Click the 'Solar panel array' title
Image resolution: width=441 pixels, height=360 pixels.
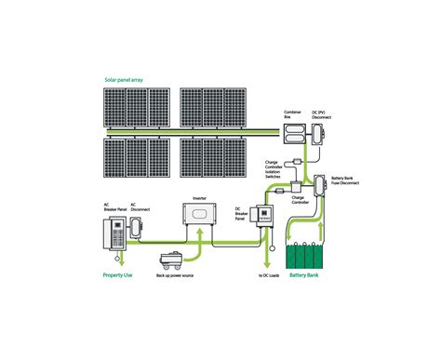(x=125, y=81)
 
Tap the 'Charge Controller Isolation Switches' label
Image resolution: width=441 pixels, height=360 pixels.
(x=277, y=168)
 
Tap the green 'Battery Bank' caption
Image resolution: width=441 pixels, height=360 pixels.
(x=307, y=276)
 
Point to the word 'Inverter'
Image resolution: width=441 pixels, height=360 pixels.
(x=198, y=198)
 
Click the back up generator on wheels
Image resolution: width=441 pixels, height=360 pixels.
(x=172, y=261)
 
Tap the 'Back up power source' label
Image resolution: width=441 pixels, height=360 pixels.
(x=174, y=276)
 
